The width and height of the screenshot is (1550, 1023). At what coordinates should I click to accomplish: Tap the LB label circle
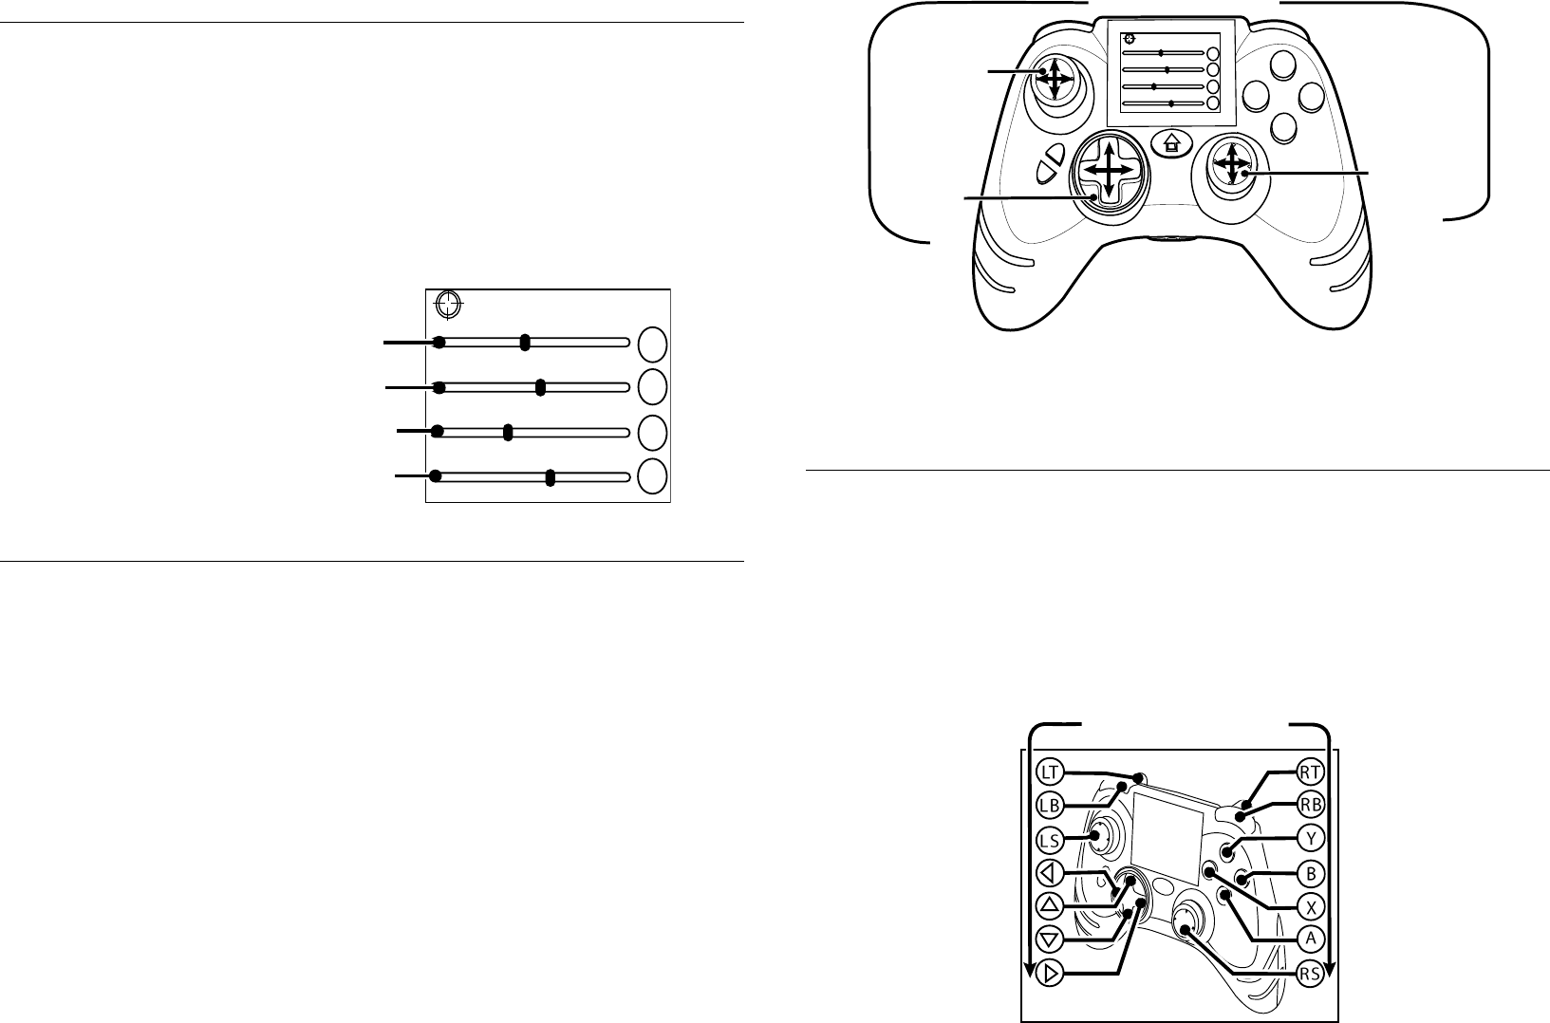click(1049, 803)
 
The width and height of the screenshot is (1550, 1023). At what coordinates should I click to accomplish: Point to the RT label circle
click(1311, 772)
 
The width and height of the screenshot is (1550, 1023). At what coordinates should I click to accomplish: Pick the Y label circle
click(1311, 838)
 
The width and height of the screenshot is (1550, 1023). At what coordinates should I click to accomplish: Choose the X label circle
click(1311, 904)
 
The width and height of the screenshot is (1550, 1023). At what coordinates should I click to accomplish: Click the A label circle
click(1311, 938)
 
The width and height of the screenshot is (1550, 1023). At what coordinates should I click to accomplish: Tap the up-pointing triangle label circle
click(1049, 904)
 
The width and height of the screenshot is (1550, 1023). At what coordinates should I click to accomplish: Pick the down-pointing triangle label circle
click(1049, 939)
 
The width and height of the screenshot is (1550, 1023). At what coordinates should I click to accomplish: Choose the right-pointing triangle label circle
click(1049, 973)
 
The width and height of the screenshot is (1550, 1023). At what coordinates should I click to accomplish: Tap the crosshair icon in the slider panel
click(447, 305)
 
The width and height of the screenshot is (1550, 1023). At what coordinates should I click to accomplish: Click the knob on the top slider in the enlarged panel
click(525, 343)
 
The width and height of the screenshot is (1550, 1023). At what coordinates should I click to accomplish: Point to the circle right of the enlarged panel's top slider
click(651, 344)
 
